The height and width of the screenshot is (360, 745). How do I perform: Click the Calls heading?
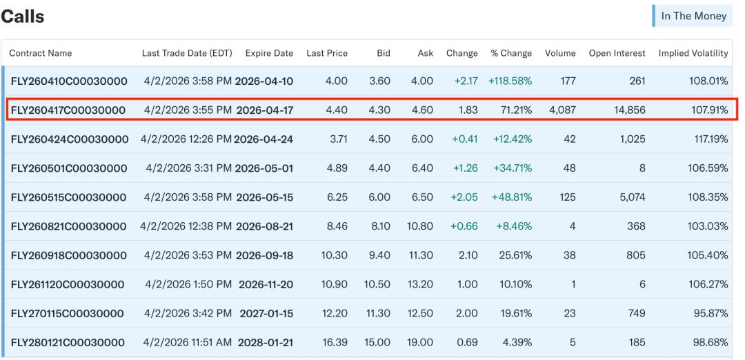click(x=22, y=17)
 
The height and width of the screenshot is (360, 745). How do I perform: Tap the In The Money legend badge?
click(x=693, y=16)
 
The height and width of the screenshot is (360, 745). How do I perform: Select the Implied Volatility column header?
click(x=693, y=53)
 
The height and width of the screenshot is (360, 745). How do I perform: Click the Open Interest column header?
click(x=617, y=53)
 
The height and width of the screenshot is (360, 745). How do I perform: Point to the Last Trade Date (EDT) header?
click(x=187, y=53)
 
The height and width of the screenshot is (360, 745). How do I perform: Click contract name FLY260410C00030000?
click(x=69, y=81)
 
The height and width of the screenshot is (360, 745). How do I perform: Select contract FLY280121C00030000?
click(x=68, y=343)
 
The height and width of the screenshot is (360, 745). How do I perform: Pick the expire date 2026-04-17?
click(x=265, y=110)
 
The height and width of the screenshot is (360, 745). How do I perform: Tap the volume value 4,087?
click(x=562, y=110)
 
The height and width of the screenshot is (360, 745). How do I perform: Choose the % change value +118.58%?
click(x=510, y=81)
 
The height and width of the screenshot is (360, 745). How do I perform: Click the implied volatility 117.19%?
click(x=708, y=139)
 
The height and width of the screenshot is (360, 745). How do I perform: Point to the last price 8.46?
click(x=337, y=226)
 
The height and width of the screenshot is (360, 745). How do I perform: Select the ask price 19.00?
click(x=421, y=343)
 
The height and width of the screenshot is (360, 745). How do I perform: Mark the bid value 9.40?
click(x=379, y=255)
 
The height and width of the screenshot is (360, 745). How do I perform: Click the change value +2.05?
click(x=464, y=197)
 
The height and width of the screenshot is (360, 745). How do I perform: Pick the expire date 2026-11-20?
click(x=266, y=285)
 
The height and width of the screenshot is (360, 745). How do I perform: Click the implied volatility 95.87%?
click(x=710, y=314)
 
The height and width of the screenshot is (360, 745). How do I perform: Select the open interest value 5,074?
click(x=630, y=197)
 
